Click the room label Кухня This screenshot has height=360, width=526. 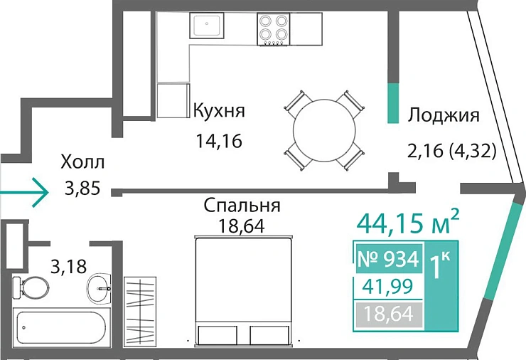coord(220,112)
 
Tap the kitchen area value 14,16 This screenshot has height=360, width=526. coord(220,141)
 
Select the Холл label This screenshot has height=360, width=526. coord(82,162)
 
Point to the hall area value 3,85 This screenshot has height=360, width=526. coord(82,189)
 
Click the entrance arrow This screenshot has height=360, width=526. coord(25,191)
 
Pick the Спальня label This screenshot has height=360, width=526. coord(242,206)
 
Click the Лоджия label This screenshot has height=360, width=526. coord(444,115)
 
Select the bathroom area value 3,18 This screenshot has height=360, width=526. coord(68,268)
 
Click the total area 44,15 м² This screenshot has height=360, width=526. coord(407,223)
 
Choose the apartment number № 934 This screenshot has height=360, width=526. coord(387,259)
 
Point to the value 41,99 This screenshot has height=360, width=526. coord(388,287)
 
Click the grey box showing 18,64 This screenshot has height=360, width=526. coord(388,313)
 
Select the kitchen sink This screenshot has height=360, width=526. coord(207,25)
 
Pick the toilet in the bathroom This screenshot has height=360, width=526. coord(32,288)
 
